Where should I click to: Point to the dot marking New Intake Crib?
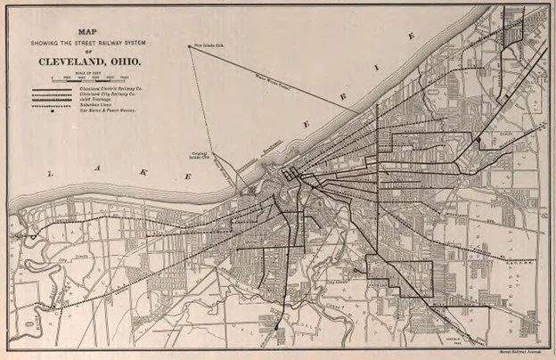click(189, 46)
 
